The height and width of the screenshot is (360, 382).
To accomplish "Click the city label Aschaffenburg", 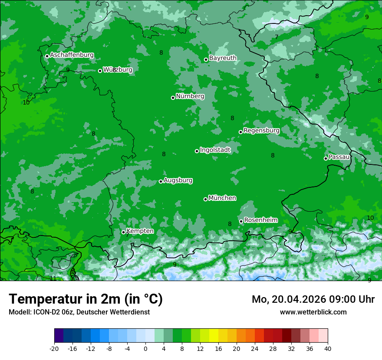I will pyautogui.click(x=72, y=55).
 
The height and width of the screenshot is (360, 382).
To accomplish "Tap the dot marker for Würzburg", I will pyautogui.click(x=100, y=71).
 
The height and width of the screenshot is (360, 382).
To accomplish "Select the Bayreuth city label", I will pyautogui.click(x=223, y=58).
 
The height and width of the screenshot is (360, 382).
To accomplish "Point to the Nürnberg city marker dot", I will pyautogui.click(x=173, y=98).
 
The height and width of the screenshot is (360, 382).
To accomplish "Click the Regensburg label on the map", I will pyautogui.click(x=261, y=130).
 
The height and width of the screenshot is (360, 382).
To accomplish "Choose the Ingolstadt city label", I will pyautogui.click(x=215, y=150).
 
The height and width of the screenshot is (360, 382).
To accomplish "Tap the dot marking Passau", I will pyautogui.click(x=326, y=158).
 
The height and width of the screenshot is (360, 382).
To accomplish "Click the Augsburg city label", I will pyautogui.click(x=178, y=180).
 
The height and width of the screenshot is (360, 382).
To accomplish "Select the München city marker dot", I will pyautogui.click(x=205, y=199).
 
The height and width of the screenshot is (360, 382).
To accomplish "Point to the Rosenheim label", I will pyautogui.click(x=260, y=220).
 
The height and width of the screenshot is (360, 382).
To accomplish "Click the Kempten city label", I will pyautogui.click(x=140, y=231).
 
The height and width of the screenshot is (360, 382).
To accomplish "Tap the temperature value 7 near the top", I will pyautogui.click(x=277, y=37).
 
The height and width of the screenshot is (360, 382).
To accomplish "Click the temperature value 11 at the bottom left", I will pyautogui.click(x=53, y=278).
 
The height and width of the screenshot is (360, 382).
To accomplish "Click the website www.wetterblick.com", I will pyautogui.click(x=313, y=312).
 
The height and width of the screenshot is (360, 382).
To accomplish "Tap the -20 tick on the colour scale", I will pyautogui.click(x=54, y=348).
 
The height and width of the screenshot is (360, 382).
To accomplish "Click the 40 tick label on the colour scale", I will pyautogui.click(x=327, y=348).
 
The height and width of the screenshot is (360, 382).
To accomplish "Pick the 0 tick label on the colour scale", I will pyautogui.click(x=145, y=348).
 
